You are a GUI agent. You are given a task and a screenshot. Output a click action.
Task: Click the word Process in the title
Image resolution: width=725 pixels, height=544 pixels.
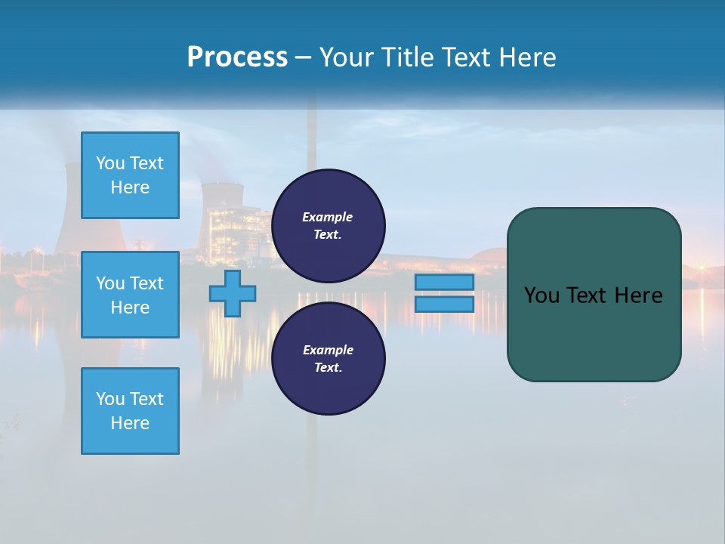pyautogui.click(x=237, y=57)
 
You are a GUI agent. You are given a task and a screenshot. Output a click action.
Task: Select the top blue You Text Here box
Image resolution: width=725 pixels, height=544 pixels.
pyautogui.click(x=130, y=175)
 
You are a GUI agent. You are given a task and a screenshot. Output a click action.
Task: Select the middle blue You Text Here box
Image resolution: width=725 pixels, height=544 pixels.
pyautogui.click(x=130, y=295)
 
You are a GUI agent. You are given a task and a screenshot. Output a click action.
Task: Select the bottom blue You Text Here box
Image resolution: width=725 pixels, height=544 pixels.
pyautogui.click(x=130, y=411)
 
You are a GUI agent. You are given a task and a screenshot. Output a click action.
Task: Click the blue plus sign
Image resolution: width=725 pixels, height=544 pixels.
pyautogui.click(x=233, y=293)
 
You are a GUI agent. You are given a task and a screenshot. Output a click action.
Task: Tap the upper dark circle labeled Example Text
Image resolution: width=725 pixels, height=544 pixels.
pyautogui.click(x=328, y=226)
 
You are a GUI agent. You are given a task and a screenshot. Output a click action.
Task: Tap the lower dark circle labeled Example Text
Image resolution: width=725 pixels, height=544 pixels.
pyautogui.click(x=328, y=359)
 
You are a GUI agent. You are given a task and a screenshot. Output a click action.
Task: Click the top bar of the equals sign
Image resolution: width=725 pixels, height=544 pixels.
pyautogui.click(x=444, y=283)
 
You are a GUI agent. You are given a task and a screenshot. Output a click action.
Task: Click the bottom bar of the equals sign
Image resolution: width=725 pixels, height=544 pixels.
pyautogui.click(x=444, y=304)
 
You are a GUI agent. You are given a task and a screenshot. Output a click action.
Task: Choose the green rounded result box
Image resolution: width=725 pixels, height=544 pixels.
pyautogui.click(x=594, y=295)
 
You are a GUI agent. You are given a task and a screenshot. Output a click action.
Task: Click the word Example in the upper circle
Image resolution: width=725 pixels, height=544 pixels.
pyautogui.click(x=328, y=217)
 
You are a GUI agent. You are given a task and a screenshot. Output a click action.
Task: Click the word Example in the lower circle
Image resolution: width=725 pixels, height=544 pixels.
pyautogui.click(x=328, y=350)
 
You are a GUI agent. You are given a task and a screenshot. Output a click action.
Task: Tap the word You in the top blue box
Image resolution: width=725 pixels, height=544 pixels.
pyautogui.click(x=110, y=163)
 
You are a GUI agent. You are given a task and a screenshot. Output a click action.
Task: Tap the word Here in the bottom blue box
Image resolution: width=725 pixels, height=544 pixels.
pyautogui.click(x=130, y=423)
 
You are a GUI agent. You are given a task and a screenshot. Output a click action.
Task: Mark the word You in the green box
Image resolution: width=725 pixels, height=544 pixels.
pyautogui.click(x=541, y=295)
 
